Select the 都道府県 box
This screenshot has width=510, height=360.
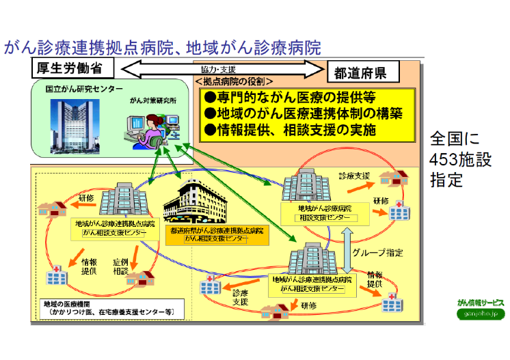pyautogui.click(x=361, y=72)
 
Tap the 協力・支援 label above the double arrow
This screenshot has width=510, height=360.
pyautogui.click(x=219, y=70)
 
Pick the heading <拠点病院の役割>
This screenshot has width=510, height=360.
pyautogui.click(x=233, y=81)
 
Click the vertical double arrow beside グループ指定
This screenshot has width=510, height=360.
pyautogui.click(x=348, y=244)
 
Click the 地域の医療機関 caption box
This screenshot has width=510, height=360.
pyautogui.click(x=109, y=309)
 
